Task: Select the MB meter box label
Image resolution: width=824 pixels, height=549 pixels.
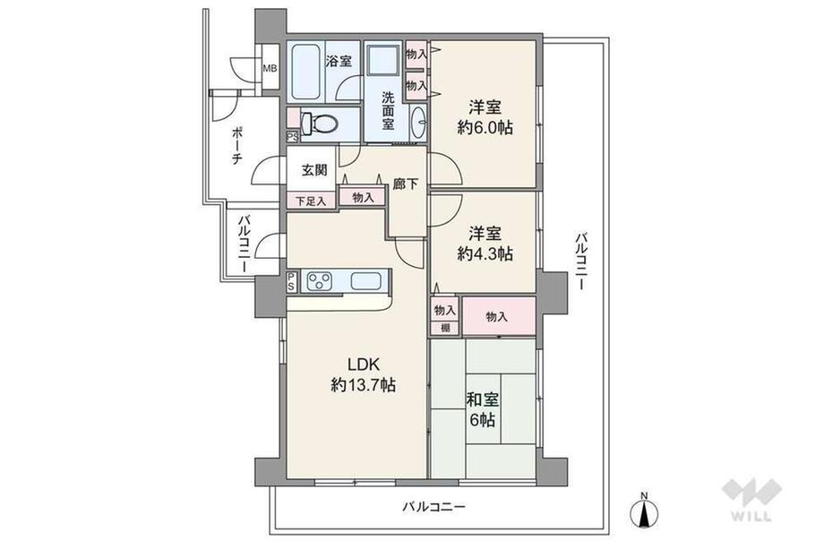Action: [270, 68]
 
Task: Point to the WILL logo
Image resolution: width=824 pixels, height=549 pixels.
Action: [752, 499]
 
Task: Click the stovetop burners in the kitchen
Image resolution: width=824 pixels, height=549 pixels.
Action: [320, 280]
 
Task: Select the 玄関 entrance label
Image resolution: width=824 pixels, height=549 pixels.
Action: [314, 169]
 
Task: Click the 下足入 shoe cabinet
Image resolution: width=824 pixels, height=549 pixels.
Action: [311, 200]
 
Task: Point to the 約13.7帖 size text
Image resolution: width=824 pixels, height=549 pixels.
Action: [363, 385]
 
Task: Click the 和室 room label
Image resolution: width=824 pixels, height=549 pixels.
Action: [483, 399]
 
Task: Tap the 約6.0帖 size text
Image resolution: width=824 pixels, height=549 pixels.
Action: [485, 127]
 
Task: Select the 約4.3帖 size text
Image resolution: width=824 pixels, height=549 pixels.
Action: [485, 253]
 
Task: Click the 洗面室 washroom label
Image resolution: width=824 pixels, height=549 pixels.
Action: [388, 110]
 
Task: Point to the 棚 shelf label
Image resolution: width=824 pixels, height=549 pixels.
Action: [445, 329]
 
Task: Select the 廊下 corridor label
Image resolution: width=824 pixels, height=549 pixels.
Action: [406, 184]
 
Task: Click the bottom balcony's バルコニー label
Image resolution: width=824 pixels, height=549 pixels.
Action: [434, 507]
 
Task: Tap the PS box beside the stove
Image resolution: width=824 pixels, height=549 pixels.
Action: [290, 281]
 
